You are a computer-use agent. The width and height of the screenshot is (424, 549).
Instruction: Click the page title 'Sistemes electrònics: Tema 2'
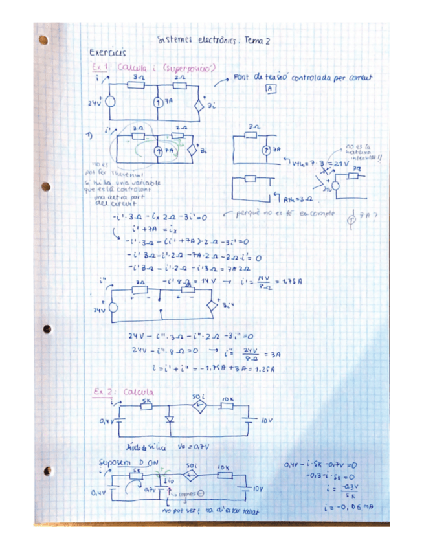click(x=213, y=40)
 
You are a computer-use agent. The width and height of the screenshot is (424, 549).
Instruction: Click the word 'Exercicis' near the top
click(x=107, y=53)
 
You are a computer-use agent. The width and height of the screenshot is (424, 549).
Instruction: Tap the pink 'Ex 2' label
click(x=103, y=392)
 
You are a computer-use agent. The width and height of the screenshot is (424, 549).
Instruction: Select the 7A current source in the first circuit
click(x=158, y=103)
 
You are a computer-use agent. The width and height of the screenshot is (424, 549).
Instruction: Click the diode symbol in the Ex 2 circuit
click(x=170, y=419)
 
